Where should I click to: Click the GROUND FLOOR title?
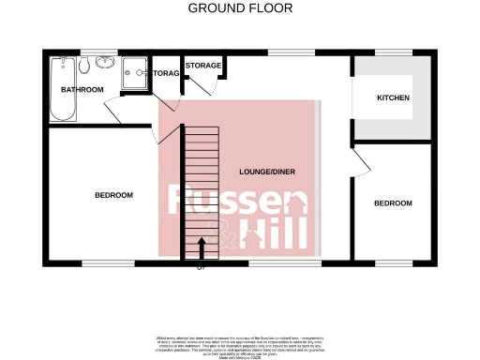click(x=240, y=8)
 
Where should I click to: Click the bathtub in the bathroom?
click(x=63, y=90)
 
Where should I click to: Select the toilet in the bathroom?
click(x=84, y=65)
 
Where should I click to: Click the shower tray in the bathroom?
click(x=135, y=69)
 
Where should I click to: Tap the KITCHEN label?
click(x=393, y=97)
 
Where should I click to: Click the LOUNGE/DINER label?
click(x=268, y=172)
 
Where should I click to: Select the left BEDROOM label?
click(x=113, y=195)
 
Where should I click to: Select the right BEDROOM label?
click(x=392, y=203)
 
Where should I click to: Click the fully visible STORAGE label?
click(x=202, y=65)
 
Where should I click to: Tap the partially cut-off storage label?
click(x=165, y=72)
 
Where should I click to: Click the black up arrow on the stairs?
click(x=202, y=247)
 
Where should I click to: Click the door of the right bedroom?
click(x=362, y=160)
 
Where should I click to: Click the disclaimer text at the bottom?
click(x=240, y=343)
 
